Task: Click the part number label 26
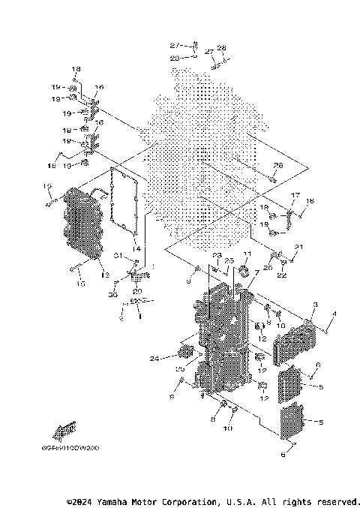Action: (x=277, y=165)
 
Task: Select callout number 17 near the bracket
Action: (x=295, y=196)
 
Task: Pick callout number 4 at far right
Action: (x=334, y=313)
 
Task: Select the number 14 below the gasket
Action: (x=136, y=248)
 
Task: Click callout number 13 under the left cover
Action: (x=105, y=276)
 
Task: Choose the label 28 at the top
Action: (x=221, y=47)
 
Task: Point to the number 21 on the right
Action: (x=299, y=247)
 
